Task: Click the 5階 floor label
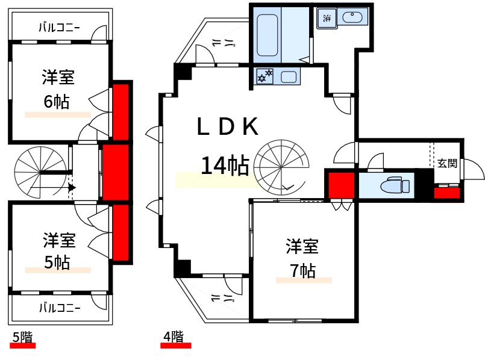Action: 23,338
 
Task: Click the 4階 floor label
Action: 174,338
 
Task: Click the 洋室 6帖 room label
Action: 58,89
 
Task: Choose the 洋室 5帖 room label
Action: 58,252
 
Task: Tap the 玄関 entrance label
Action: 446,163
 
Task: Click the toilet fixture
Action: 395,185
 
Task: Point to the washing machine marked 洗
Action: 326,18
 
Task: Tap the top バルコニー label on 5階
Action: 59,27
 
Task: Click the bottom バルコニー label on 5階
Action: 59,308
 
